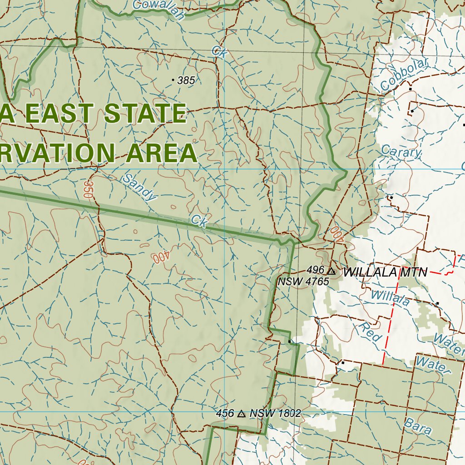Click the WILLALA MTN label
385,272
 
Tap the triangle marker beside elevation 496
331,272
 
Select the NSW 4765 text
303,282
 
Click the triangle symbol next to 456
241,414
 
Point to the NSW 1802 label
275,413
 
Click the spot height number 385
186,81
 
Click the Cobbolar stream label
404,75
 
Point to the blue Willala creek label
390,297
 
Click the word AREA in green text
161,153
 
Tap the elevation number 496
315,270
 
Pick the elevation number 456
225,413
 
